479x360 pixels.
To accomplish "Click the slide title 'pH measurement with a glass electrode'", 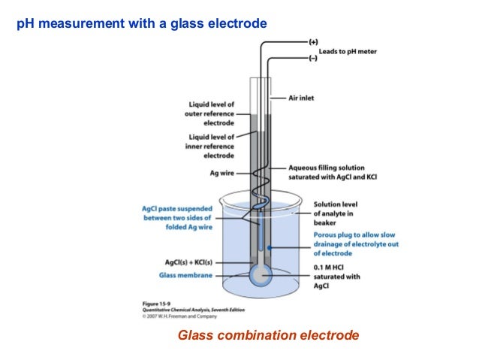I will pyautogui.click(x=142, y=24).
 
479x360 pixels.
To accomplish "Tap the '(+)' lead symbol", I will pyautogui.click(x=312, y=38).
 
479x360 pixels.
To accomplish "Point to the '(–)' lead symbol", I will pyautogui.click(x=312, y=59).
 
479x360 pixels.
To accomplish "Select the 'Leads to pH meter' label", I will pyautogui.click(x=348, y=51).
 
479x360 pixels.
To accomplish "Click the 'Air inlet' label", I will pyautogui.click(x=304, y=98).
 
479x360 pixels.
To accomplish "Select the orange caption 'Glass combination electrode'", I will pyautogui.click(x=268, y=334).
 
